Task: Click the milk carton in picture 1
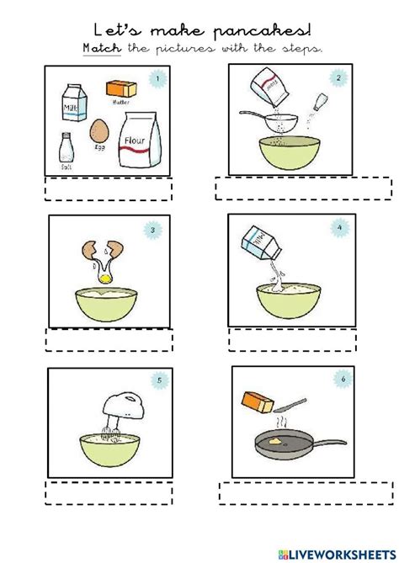point(72,104)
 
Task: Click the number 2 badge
point(338,79)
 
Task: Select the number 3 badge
point(152,230)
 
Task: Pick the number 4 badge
point(338,227)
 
